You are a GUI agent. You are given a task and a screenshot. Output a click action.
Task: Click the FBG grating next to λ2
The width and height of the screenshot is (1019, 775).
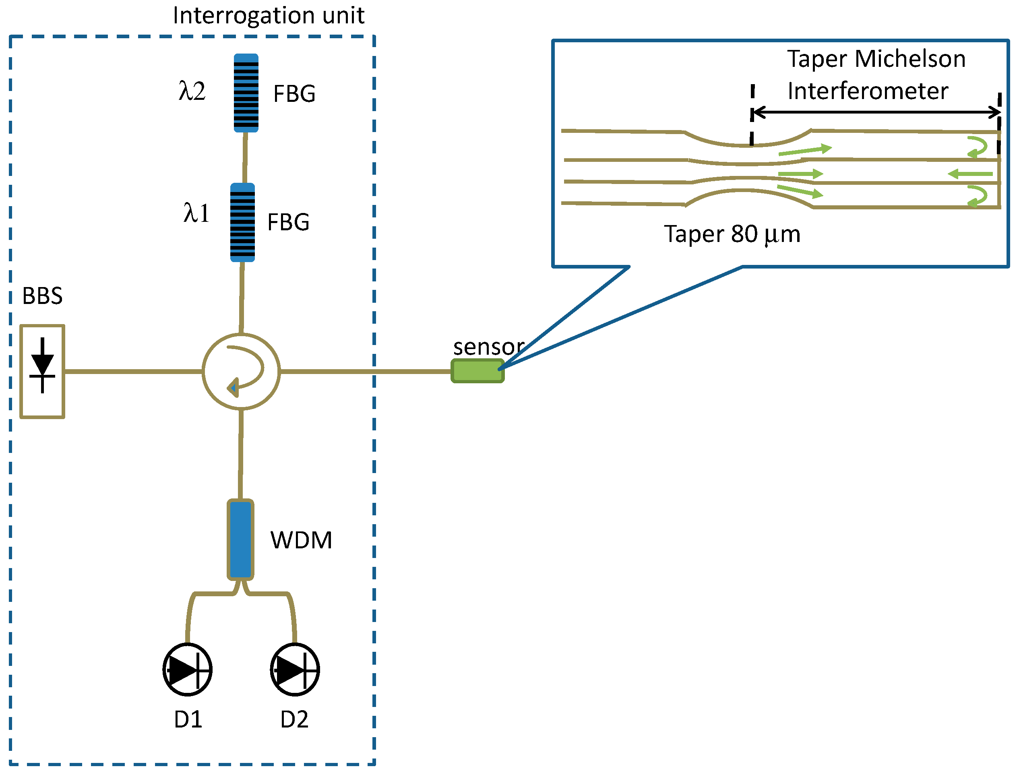(x=246, y=93)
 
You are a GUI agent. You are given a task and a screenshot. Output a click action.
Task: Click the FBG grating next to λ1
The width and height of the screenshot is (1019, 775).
(x=243, y=222)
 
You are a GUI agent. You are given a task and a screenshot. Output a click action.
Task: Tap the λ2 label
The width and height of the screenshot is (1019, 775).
(x=192, y=91)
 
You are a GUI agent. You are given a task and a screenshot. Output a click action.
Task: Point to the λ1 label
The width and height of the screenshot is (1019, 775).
(x=196, y=213)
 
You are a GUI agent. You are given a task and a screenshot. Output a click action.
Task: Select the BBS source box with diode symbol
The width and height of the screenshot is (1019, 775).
(x=42, y=371)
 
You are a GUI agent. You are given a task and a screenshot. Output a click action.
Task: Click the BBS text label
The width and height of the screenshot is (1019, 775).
(x=42, y=296)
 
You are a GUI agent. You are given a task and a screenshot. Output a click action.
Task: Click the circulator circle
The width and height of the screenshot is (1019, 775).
(x=241, y=371)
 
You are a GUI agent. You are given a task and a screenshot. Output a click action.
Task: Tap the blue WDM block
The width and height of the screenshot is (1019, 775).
(x=240, y=539)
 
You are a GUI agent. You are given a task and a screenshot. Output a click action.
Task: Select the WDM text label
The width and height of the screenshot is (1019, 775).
(x=301, y=540)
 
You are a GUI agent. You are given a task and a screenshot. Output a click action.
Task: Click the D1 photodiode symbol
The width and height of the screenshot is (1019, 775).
(x=187, y=670)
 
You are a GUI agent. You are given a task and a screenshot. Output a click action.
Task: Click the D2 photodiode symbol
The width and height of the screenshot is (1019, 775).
(x=295, y=670)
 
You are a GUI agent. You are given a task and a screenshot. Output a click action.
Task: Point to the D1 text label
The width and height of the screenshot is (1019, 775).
(x=188, y=719)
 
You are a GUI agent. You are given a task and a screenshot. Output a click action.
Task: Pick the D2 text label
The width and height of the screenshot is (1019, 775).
(x=294, y=719)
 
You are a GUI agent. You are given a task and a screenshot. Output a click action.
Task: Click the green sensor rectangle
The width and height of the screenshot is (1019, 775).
(x=477, y=371)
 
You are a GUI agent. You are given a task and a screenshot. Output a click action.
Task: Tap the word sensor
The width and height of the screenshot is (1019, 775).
(x=488, y=347)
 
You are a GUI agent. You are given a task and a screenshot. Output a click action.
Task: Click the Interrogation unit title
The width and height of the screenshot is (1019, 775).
(x=269, y=16)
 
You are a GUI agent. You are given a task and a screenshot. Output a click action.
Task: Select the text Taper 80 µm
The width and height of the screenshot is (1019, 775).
(x=732, y=234)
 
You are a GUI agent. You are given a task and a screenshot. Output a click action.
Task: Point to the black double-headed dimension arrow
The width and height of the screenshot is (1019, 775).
(x=876, y=112)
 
